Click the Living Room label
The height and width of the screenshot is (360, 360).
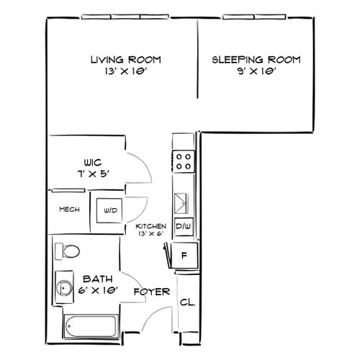126,60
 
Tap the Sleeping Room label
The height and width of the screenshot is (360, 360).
256,60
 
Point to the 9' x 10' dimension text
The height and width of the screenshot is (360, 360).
256,71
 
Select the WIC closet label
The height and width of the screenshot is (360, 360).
93,163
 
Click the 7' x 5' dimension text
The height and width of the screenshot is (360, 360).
94,174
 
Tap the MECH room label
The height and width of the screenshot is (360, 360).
69,210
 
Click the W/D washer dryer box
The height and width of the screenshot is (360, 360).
109,210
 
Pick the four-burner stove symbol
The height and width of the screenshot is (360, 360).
184,161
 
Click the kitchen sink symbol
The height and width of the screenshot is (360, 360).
181,204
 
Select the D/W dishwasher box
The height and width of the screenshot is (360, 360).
184,227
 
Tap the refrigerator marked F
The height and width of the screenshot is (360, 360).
185,256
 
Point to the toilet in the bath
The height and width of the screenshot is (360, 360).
68,251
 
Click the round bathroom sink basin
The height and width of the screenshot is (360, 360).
64,288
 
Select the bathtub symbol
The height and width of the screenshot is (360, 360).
91,327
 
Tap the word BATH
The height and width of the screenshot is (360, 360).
98,279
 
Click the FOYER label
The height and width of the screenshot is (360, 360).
152,292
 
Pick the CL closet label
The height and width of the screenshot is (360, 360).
187,302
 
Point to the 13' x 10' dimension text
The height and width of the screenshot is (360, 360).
125,71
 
